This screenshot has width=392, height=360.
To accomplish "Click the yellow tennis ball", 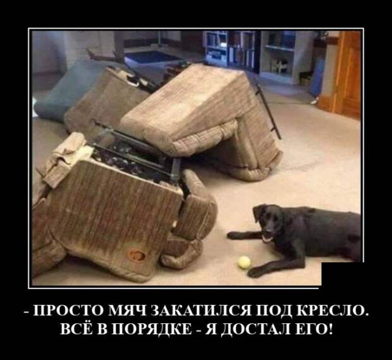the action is click(x=244, y=262).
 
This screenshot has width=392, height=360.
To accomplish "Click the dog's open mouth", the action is click(x=267, y=239).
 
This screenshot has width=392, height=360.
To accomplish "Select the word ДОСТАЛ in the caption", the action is click(x=254, y=330).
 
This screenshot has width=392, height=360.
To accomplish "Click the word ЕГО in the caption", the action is click(x=312, y=330).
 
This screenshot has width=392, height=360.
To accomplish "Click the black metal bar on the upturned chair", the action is click(x=267, y=110).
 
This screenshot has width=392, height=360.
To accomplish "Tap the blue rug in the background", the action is click(x=152, y=57).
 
